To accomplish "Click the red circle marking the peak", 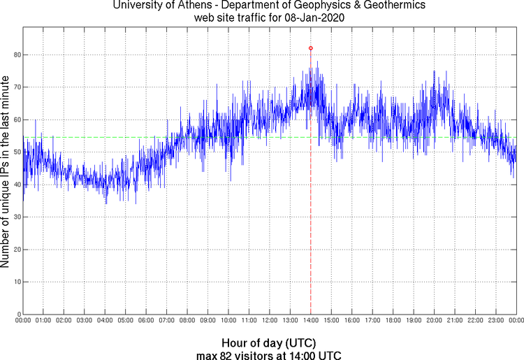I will (311, 48).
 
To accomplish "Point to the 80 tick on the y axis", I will (16, 55).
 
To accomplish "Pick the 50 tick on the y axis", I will (16, 152).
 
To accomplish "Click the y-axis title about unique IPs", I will (6, 173).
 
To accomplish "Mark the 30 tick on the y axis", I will (16, 217).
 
